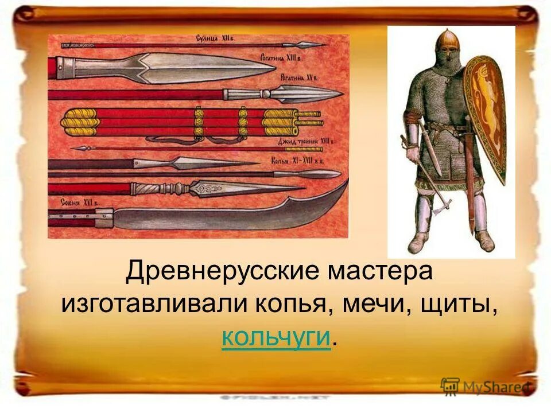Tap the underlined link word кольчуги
pyautogui.click(x=276, y=338)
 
